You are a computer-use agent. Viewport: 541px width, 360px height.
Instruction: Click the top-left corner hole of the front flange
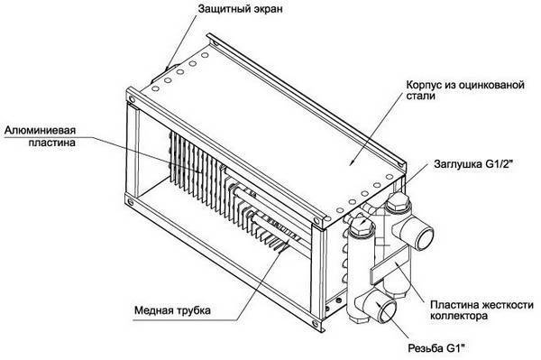(133, 94)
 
